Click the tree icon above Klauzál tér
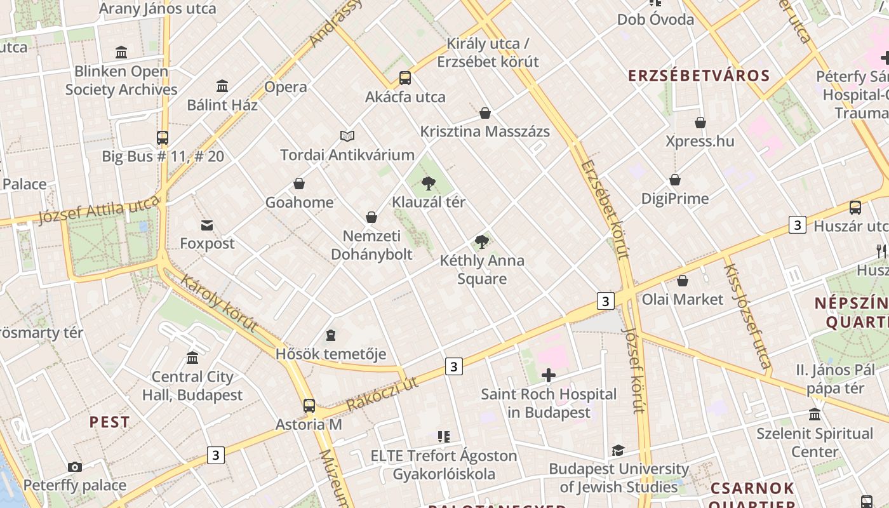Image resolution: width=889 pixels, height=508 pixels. (429, 184)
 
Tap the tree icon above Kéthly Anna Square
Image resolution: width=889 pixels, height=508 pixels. (482, 241)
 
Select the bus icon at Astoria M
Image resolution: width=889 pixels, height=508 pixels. (309, 405)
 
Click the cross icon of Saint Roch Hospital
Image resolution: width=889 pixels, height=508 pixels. (549, 376)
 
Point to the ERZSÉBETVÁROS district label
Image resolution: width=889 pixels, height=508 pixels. (698, 76)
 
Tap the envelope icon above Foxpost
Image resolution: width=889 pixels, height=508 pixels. (207, 225)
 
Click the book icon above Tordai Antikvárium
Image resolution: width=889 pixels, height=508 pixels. (347, 136)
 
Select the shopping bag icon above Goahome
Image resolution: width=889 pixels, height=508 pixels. (299, 184)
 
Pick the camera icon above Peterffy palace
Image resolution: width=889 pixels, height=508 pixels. (75, 467)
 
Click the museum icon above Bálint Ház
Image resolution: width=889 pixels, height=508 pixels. (222, 86)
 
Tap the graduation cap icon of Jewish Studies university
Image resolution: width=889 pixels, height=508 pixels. (618, 450)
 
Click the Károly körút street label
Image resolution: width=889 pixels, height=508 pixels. (219, 304)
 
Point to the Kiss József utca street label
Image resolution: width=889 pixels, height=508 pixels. (747, 316)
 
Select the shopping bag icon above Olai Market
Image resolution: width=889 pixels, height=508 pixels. (683, 281)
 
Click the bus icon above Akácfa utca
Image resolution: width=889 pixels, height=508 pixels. (405, 78)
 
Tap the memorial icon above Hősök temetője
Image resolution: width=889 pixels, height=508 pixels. (330, 335)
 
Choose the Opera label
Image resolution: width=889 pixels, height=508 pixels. (286, 87)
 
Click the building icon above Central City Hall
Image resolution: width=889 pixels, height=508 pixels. (192, 358)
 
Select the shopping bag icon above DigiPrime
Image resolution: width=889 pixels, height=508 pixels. (675, 180)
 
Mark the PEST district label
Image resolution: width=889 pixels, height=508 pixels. (109, 422)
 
